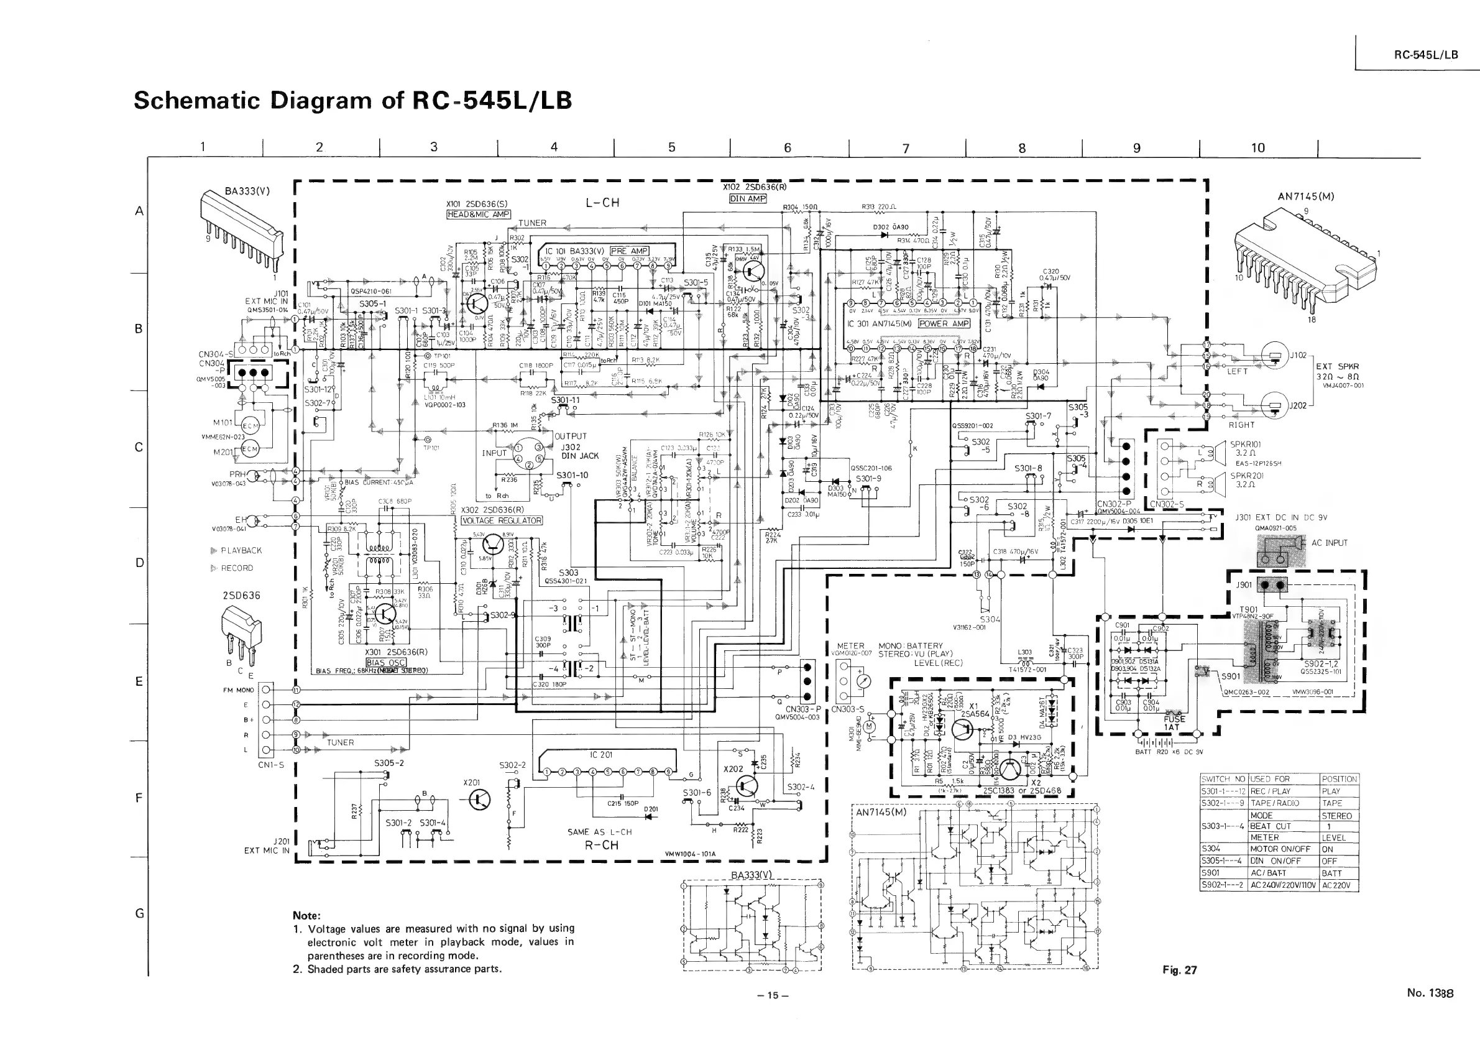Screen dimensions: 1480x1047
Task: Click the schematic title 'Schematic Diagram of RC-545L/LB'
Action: click(x=352, y=101)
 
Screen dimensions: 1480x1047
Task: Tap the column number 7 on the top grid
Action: click(x=905, y=148)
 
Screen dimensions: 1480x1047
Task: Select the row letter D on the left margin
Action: click(x=139, y=562)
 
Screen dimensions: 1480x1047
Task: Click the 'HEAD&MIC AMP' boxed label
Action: click(x=478, y=214)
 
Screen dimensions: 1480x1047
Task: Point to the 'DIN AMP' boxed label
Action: click(x=747, y=198)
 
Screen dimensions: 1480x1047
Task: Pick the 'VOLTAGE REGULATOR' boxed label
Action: click(x=502, y=520)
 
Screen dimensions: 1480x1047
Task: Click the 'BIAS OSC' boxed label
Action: click(x=385, y=662)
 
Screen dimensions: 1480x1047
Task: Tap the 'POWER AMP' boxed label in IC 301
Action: click(x=944, y=324)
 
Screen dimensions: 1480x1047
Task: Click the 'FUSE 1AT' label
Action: click(x=1170, y=722)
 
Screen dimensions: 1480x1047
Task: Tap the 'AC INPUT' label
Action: click(x=1329, y=543)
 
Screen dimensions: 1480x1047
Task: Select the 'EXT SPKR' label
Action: click(x=1337, y=366)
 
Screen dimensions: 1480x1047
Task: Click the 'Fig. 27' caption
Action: click(x=1180, y=970)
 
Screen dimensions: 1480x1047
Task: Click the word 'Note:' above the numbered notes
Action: click(x=307, y=915)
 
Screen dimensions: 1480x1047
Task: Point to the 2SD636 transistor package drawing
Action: click(x=241, y=625)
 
